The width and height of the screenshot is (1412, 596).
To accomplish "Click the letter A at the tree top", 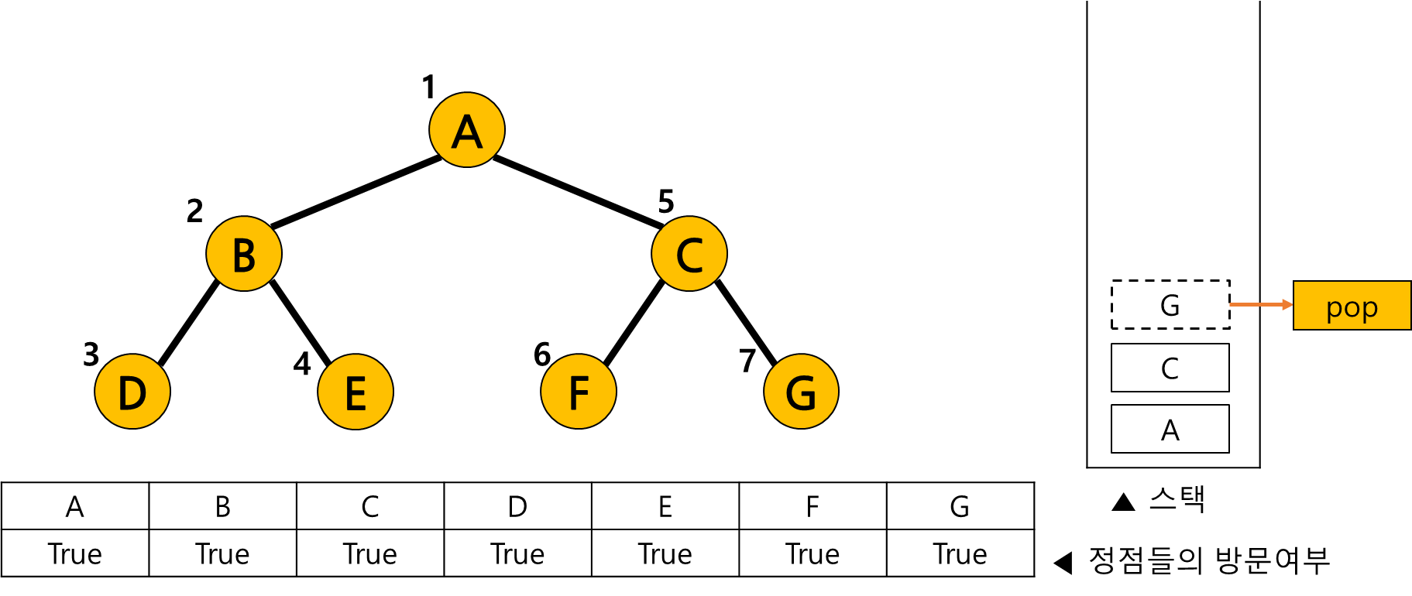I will (467, 132).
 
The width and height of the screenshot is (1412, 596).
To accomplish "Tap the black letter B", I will (244, 255).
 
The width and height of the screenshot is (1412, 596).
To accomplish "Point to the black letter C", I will (689, 255).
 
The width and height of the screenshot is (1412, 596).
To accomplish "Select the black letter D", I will (132, 393).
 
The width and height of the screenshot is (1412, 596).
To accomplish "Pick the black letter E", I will (356, 393).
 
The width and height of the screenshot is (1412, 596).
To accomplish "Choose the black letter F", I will (579, 393).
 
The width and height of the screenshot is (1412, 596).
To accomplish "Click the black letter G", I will (801, 393).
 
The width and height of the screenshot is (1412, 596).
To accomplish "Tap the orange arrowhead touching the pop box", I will (1287, 305).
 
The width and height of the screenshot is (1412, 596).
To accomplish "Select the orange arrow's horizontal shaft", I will (1255, 305).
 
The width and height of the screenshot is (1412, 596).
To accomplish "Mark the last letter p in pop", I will (1369, 309).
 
